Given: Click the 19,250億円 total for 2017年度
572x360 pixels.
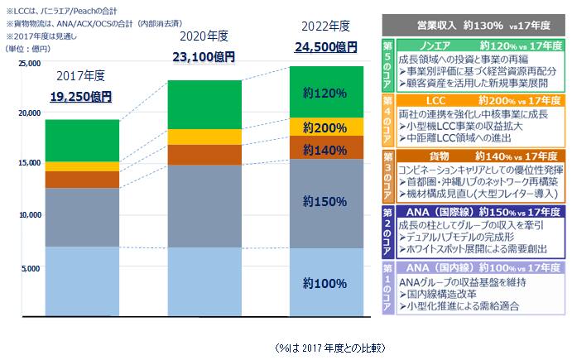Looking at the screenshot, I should click(80, 96).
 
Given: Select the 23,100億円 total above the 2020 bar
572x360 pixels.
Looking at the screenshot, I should click(202, 57).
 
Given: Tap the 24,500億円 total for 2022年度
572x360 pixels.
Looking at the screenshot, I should click(324, 47).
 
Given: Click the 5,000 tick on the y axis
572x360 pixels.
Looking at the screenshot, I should click(30, 268).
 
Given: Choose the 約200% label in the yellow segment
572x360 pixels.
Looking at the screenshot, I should click(324, 127).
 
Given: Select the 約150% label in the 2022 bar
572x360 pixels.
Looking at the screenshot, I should click(324, 201).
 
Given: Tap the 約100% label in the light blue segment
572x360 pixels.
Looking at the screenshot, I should click(324, 283).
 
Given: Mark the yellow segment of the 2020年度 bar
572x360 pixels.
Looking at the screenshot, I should click(203, 137).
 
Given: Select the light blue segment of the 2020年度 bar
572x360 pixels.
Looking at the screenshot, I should click(203, 281).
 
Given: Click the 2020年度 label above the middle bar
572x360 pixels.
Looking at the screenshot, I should click(202, 37).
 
